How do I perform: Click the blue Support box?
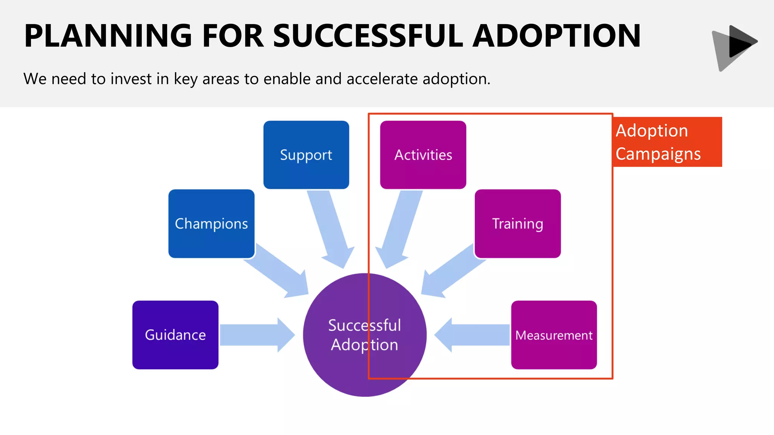coord(306,155)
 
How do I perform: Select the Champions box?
coord(211,224)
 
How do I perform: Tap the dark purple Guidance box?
coord(175,335)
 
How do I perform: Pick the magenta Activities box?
coord(423,155)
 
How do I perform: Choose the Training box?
coord(517,224)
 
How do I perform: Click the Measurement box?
coord(554,335)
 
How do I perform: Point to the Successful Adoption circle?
coord(365,335)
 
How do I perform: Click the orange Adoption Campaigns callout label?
coord(667,142)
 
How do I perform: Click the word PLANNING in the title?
coord(108,36)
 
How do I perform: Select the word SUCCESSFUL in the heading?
coord(368,36)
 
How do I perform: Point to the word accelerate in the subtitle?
coord(382,79)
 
